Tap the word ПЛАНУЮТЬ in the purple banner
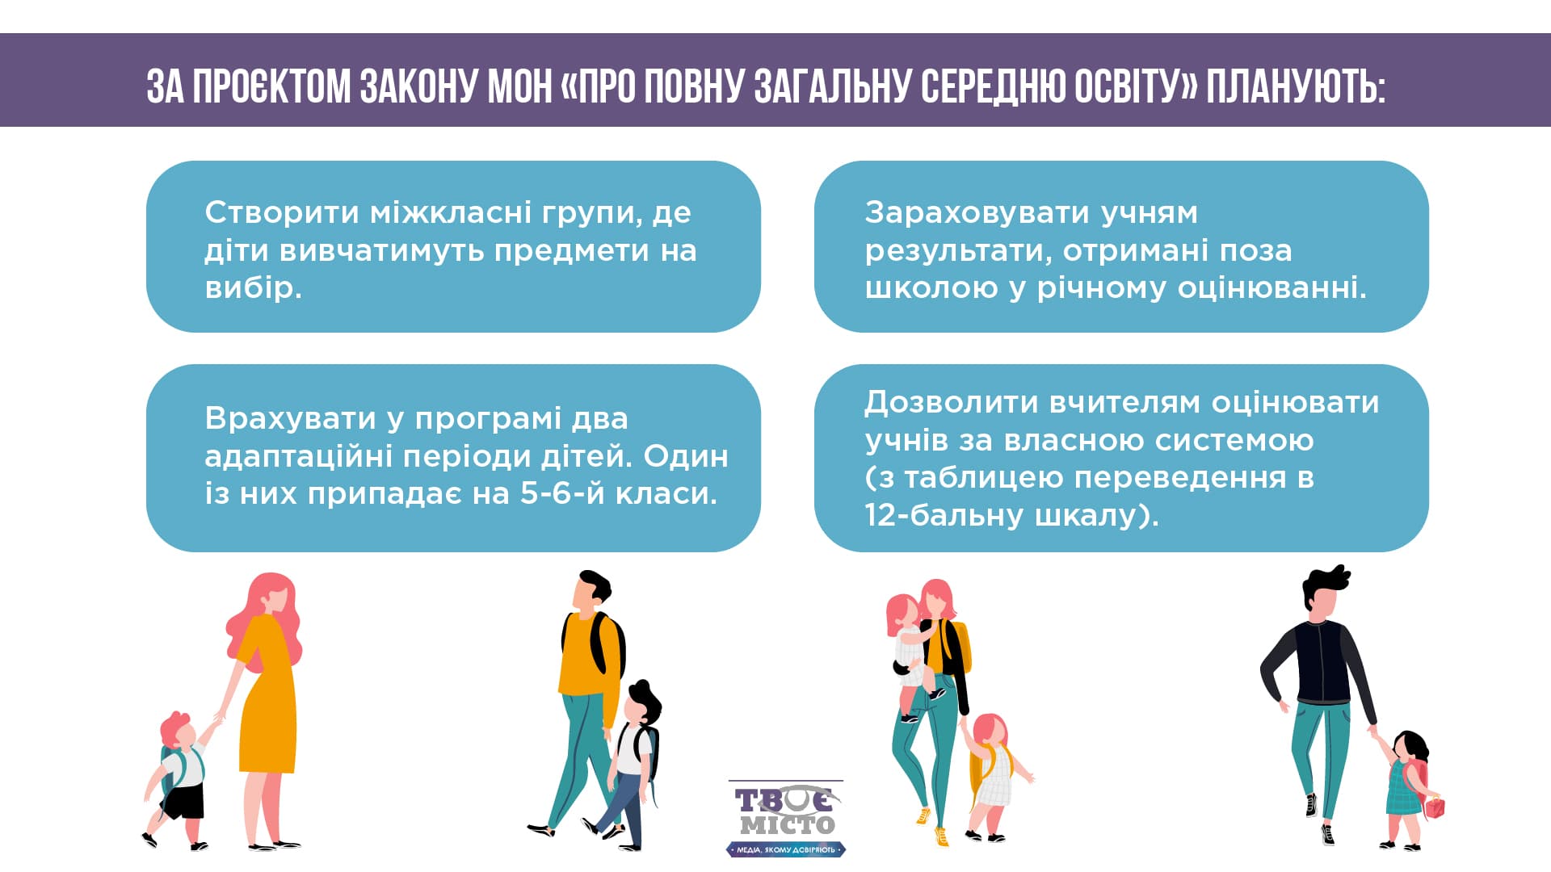1296,86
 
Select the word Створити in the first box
282,212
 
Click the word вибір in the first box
253,287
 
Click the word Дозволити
951,403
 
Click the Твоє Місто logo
786,818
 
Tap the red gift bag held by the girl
1434,806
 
